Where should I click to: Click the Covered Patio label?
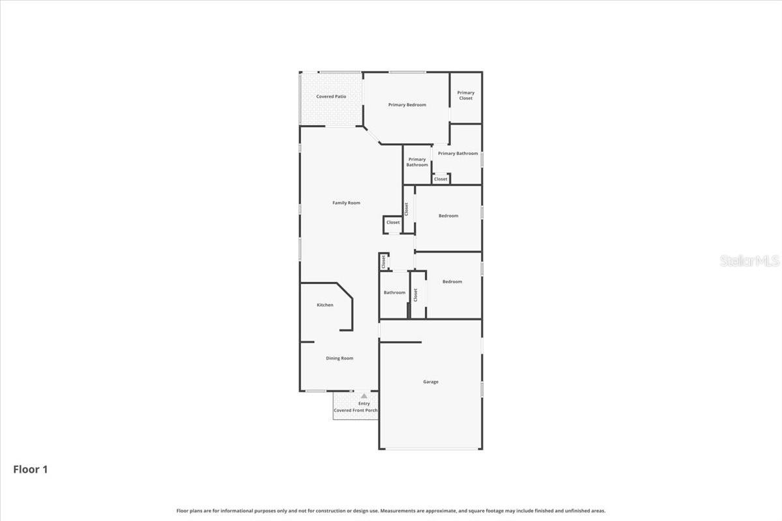pyautogui.click(x=331, y=96)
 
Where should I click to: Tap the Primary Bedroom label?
pyautogui.click(x=407, y=105)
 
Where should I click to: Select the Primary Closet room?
pyautogui.click(x=466, y=96)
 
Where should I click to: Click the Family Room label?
pyautogui.click(x=346, y=203)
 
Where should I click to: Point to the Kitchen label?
pyautogui.click(x=325, y=305)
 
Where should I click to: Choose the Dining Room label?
pyautogui.click(x=340, y=358)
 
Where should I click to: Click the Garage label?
pyautogui.click(x=431, y=382)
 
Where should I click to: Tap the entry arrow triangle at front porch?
pyautogui.click(x=364, y=396)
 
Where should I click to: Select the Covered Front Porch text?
pyautogui.click(x=356, y=410)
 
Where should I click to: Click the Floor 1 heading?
pyautogui.click(x=31, y=469)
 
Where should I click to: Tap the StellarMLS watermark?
pyautogui.click(x=749, y=261)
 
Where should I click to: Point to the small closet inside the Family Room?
pyautogui.click(x=393, y=223)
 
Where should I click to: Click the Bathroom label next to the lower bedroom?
pyautogui.click(x=394, y=292)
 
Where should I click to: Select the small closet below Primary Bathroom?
pyautogui.click(x=441, y=179)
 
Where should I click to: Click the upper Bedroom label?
pyautogui.click(x=448, y=216)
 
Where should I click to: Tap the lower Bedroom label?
pyautogui.click(x=452, y=281)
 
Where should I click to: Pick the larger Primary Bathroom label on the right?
pyautogui.click(x=457, y=154)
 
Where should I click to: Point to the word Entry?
pyautogui.click(x=364, y=404)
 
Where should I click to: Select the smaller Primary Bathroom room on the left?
pyautogui.click(x=417, y=162)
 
